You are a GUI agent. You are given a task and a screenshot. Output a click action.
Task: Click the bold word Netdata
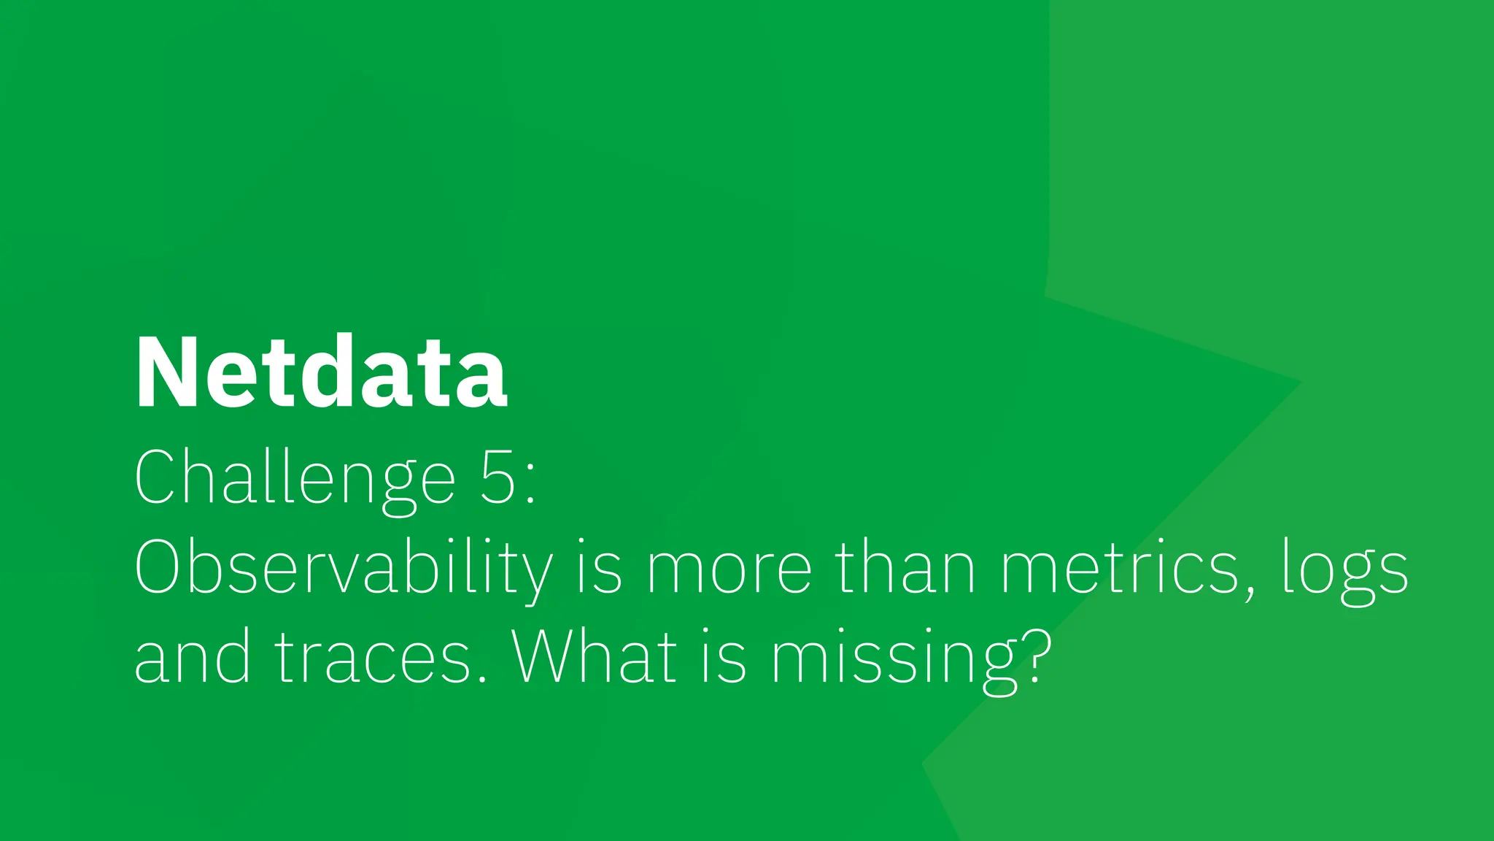pos(321,372)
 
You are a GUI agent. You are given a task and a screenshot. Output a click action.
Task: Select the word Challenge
pos(295,478)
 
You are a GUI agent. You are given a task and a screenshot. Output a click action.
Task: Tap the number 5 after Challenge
pos(498,478)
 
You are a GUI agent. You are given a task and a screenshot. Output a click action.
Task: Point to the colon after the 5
pos(530,484)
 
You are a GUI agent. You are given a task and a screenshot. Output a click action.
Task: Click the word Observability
pos(344,569)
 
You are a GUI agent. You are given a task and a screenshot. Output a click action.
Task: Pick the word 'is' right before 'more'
pos(600,569)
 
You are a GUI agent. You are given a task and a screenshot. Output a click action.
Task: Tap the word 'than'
pos(905,569)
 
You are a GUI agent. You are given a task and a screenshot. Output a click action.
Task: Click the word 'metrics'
pos(1119,569)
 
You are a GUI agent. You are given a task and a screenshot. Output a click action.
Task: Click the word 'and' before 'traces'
pos(193,657)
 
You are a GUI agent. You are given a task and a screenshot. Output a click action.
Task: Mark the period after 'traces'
pos(482,679)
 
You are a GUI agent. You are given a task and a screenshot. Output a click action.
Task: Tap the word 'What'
pos(594,657)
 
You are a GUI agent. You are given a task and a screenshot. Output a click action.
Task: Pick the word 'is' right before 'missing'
pos(724,657)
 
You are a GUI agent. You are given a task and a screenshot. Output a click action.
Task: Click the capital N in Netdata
pos(163,372)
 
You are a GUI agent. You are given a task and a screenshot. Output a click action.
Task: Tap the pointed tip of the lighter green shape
pos(1300,381)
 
